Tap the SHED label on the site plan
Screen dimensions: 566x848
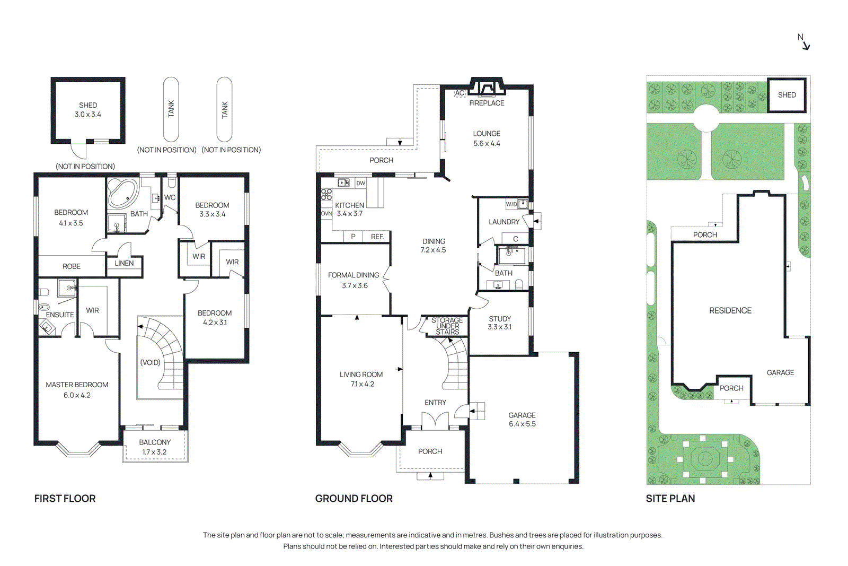pos(787,95)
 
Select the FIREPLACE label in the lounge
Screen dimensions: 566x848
pos(487,103)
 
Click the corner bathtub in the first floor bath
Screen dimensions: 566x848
pos(123,194)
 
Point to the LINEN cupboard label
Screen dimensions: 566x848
pos(124,263)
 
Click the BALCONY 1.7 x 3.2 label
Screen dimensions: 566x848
pos(155,447)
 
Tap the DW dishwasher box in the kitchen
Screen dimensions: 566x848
pos(360,183)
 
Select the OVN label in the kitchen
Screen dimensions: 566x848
pos(326,214)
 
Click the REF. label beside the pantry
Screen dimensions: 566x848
pos(377,237)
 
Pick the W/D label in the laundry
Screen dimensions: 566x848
pos(511,204)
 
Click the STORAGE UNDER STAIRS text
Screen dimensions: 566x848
pos(447,326)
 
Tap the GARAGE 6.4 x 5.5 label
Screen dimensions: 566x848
pos(522,420)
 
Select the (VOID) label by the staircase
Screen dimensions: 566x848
pos(150,362)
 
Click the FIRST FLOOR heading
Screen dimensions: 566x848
pos(65,499)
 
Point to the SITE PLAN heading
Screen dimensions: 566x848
pos(670,499)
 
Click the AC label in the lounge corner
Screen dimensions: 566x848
pos(460,93)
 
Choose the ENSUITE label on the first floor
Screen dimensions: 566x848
pos(60,315)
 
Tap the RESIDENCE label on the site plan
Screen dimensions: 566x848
pos(730,310)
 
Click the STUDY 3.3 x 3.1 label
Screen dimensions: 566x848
pos(499,323)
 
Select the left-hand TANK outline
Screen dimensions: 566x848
pos(171,109)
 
